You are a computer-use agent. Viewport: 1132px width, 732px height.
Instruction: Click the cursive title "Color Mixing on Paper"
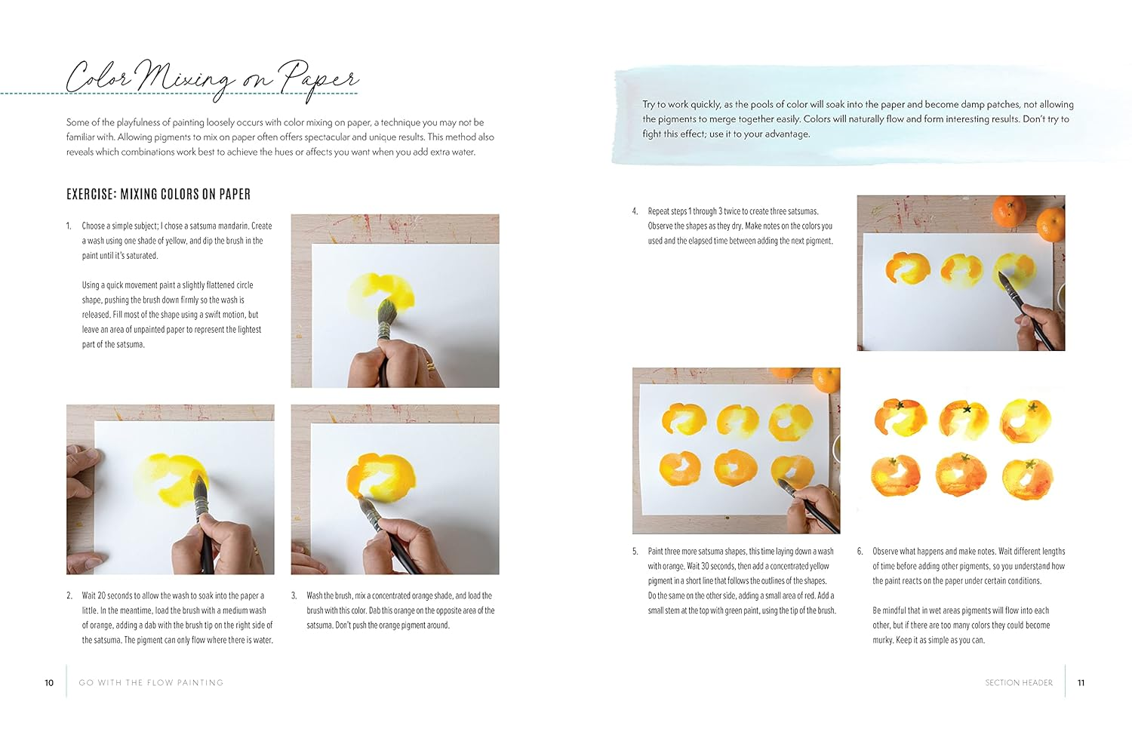pyautogui.click(x=211, y=78)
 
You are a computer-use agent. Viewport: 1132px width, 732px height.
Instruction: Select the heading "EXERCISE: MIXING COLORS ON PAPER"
pyautogui.click(x=158, y=195)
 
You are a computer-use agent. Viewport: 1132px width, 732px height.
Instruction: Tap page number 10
pyautogui.click(x=49, y=683)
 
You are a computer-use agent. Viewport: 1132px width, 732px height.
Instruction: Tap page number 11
pyautogui.click(x=1081, y=683)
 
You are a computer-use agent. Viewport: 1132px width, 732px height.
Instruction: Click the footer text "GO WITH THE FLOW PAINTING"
pyautogui.click(x=151, y=683)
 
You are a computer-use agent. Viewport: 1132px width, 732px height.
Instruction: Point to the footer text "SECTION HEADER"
pyautogui.click(x=1018, y=683)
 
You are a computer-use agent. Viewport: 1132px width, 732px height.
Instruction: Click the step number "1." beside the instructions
pyautogui.click(x=69, y=226)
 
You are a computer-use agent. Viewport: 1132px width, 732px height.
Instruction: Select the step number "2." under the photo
pyautogui.click(x=69, y=596)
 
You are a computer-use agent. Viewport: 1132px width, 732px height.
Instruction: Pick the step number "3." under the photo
pyautogui.click(x=294, y=596)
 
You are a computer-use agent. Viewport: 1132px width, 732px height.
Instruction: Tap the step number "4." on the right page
pyautogui.click(x=635, y=212)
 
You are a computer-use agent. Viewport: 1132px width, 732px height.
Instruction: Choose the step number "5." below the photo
pyautogui.click(x=635, y=552)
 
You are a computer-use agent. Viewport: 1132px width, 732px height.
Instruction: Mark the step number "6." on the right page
pyautogui.click(x=860, y=552)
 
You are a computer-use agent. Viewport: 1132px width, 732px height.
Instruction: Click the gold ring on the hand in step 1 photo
pyautogui.click(x=429, y=368)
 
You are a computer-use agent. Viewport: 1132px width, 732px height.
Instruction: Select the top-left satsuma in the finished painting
pyautogui.click(x=901, y=417)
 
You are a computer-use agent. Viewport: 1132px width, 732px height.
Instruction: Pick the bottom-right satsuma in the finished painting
pyautogui.click(x=1027, y=478)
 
